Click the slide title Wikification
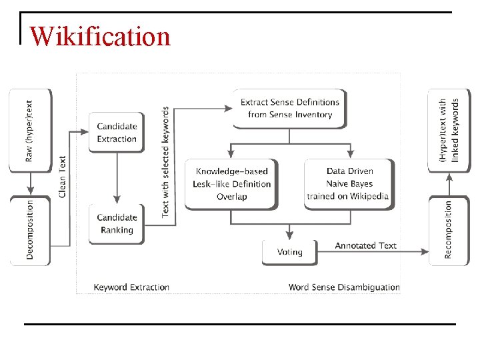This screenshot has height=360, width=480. pos(100,35)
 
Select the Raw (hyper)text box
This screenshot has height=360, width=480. pos(29,130)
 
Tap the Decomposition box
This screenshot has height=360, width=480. pos(29,230)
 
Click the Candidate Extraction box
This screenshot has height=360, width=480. pos(117,133)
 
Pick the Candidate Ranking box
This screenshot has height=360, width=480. pos(117,224)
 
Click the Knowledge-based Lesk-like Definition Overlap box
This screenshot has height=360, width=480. pos(231,184)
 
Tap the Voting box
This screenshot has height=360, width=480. pos(289,252)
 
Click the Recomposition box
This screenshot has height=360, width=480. pos(448,230)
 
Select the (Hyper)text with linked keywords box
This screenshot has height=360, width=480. pos(448,130)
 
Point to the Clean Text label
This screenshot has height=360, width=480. pos(63,176)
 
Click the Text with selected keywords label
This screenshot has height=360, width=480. pos(165,161)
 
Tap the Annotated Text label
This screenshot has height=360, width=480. pos(365,245)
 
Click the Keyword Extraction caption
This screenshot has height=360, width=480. pos(131,287)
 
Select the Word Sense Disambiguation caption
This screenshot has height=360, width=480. pos(344,287)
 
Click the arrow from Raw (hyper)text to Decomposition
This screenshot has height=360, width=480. pos(29,183)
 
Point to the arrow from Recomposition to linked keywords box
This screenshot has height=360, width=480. pos(448,183)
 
